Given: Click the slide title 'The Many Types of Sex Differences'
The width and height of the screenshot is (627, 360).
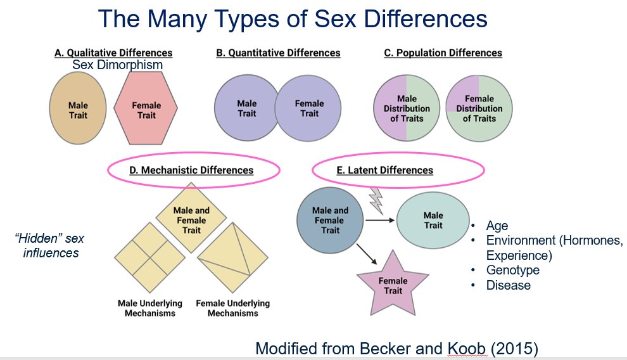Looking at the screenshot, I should [293, 18].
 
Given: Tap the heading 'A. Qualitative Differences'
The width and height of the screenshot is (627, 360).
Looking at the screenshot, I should [113, 53].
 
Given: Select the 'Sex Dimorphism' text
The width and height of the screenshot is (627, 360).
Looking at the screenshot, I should [117, 65].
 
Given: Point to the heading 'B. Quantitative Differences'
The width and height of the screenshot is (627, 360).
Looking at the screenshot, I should [278, 53].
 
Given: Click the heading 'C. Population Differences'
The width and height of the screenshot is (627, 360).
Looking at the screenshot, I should [443, 53].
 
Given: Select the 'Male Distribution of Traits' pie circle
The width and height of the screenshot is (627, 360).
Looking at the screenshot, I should [407, 108].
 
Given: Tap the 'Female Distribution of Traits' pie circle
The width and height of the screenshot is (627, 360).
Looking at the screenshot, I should [479, 108].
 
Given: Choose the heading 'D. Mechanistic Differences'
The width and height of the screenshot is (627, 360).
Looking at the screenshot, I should [191, 170].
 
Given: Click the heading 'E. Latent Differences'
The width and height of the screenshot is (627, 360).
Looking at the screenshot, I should [384, 170].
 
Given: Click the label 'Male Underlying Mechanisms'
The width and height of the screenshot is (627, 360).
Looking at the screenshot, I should [150, 308].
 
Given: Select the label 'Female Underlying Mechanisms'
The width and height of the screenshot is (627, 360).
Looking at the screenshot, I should [232, 308].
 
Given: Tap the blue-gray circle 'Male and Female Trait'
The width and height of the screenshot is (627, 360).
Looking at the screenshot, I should [330, 220].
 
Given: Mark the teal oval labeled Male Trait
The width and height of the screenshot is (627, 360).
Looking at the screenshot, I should [433, 221].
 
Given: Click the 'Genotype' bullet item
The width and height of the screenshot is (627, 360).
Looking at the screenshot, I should [512, 270].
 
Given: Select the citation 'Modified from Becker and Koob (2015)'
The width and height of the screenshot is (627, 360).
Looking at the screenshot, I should [397, 348].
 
